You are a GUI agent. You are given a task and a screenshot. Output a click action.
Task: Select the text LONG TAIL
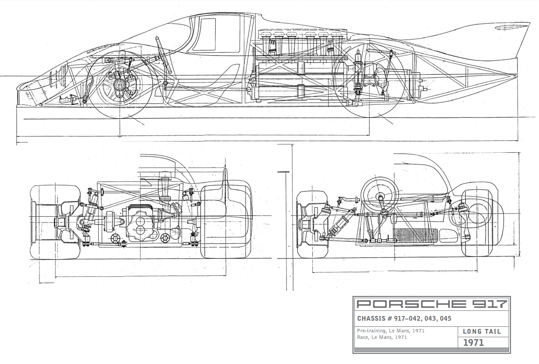point(482,332)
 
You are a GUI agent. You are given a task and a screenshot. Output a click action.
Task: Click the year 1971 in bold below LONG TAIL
point(474,343)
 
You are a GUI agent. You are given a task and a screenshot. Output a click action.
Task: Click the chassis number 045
point(445,319)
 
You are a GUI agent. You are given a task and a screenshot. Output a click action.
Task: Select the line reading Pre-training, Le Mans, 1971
point(391,331)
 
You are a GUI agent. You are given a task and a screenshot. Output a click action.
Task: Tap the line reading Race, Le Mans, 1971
point(382,338)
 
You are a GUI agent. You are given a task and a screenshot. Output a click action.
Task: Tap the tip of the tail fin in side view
point(529,24)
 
